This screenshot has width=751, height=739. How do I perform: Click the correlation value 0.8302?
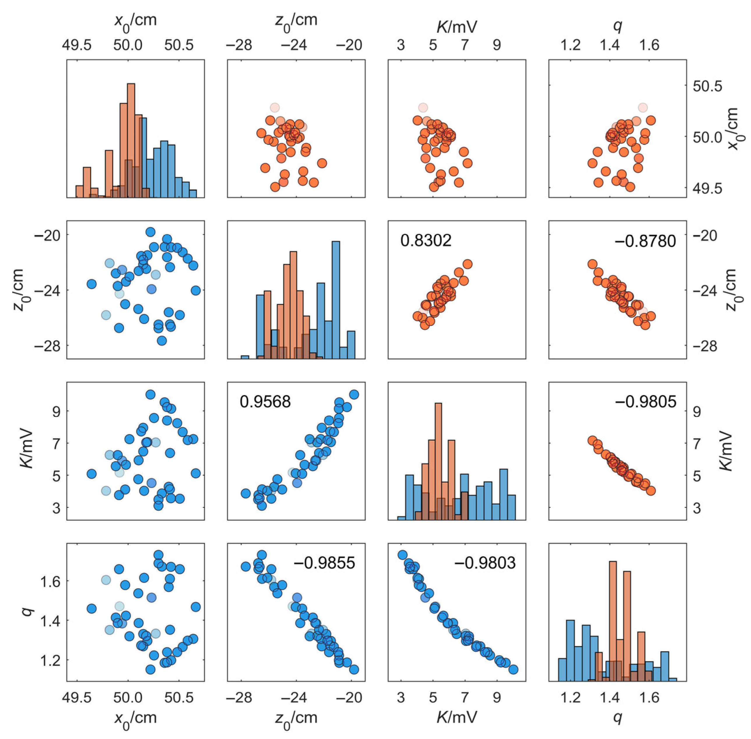point(426,240)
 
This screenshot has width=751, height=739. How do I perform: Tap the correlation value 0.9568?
point(265,401)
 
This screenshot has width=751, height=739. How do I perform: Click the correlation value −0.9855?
point(324,562)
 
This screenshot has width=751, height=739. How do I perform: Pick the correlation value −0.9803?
point(485,562)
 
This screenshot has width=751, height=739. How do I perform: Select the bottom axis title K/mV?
point(457,717)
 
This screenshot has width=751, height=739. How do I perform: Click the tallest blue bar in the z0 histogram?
point(336,299)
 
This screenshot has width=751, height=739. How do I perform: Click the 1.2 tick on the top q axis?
point(571,45)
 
